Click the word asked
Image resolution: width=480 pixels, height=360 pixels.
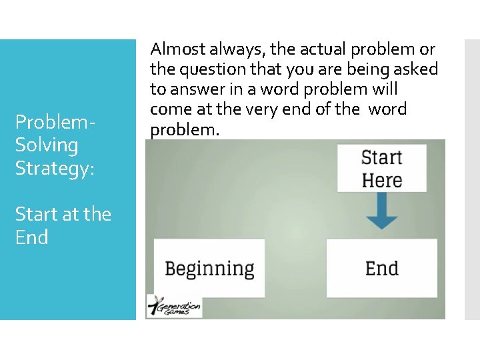(418, 69)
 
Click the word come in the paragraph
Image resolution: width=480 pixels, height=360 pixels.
(168, 109)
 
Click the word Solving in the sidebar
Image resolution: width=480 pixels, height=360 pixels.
(47, 145)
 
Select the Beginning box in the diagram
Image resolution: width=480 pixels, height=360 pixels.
(209, 269)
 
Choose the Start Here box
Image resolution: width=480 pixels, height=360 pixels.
(381, 169)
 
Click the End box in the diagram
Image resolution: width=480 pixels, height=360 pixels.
(381, 269)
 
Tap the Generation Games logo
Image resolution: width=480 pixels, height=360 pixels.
(175, 307)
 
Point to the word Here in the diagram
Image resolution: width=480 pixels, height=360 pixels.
(381, 180)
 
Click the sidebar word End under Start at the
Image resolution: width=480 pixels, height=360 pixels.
(31, 237)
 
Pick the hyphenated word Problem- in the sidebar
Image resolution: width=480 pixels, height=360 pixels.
(55, 122)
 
